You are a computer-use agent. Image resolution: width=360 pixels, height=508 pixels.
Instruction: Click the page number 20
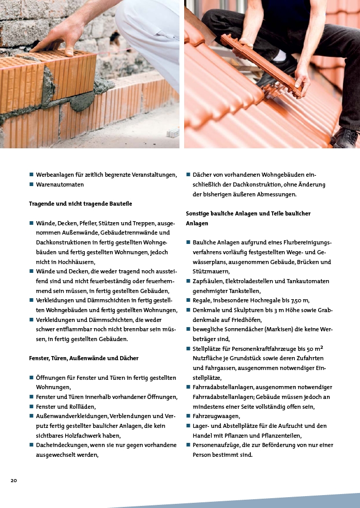pos(14,481)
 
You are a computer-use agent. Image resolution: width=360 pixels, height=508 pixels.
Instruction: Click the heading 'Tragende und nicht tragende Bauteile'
pos(80,204)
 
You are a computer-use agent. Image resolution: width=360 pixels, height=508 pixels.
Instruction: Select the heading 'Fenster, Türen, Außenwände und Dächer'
pos(83,358)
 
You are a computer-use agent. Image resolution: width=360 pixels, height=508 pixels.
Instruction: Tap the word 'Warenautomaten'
pos(59,184)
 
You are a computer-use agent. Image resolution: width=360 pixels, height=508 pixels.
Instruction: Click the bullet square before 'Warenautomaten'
pos(32,184)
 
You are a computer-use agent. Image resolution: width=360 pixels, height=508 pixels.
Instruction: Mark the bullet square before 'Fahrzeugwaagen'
pos(188,416)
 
